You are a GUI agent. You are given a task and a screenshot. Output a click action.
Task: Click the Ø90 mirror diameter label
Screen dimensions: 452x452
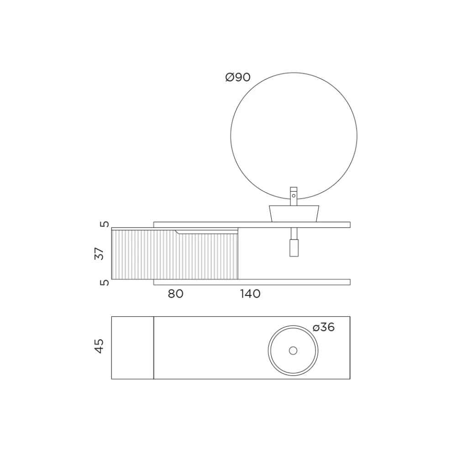pos(238,77)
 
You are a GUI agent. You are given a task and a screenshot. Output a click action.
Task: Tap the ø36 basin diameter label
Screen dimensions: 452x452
pos(323,327)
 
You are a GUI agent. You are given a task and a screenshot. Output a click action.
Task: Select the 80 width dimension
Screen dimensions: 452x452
pos(176,294)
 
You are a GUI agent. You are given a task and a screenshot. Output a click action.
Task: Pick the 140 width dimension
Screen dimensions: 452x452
pos(250,294)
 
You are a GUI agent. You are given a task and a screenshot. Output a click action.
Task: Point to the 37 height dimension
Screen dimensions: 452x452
pos(99,253)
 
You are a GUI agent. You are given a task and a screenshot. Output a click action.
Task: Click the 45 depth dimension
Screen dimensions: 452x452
pos(99,346)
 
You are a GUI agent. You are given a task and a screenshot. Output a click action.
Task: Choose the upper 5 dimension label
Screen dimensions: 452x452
pos(105,224)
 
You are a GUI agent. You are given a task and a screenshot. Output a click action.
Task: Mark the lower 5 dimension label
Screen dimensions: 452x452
pos(105,283)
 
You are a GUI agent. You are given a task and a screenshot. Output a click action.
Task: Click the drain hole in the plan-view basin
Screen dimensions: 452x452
pos(293,351)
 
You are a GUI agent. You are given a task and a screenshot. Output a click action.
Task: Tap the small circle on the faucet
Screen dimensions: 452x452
pos(294,196)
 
